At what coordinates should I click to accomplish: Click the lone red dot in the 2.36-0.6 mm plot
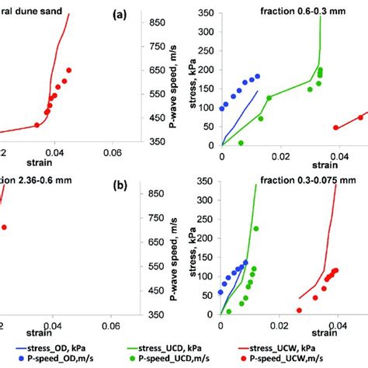(4, 227)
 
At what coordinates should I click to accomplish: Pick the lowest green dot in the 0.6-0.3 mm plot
(241, 143)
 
